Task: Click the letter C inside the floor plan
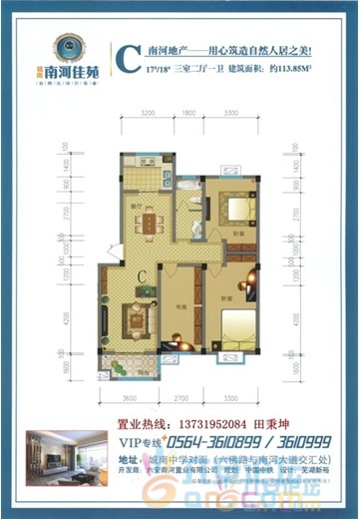pyautogui.click(x=143, y=276)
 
